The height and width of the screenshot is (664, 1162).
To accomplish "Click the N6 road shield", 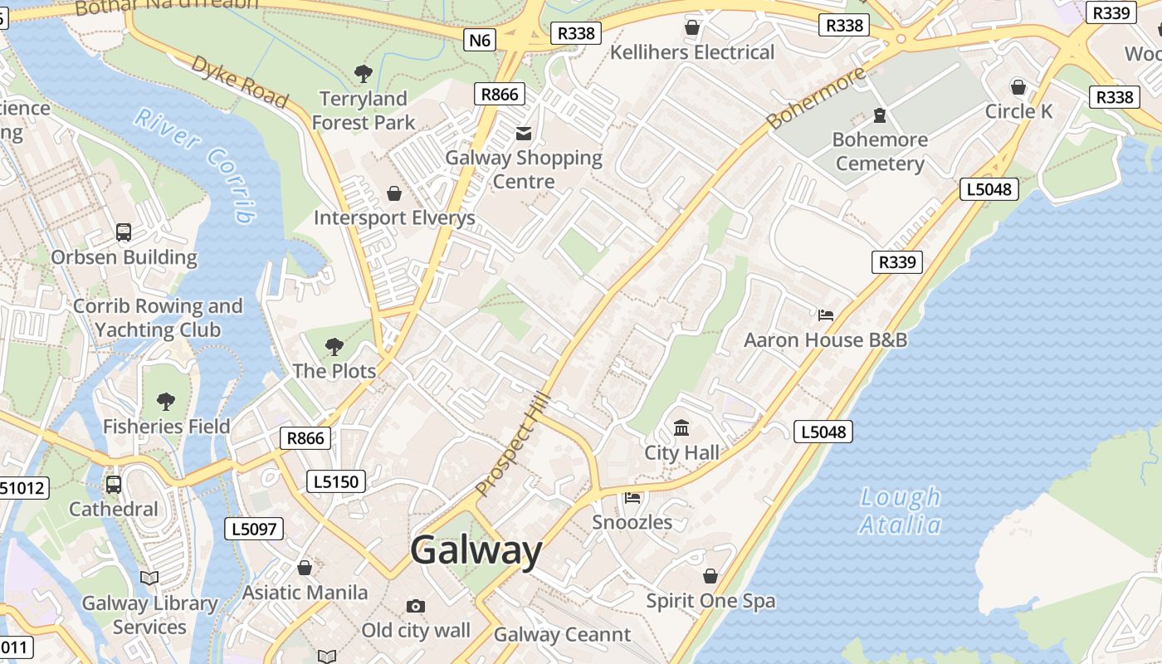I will pos(480,39).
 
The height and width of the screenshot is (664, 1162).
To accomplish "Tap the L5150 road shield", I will pos(336,481).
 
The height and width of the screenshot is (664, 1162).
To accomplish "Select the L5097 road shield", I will pos(254,529).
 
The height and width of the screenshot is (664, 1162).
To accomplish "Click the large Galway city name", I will pos(476,550).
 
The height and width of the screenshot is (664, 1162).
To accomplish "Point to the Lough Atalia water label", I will pos(901,510).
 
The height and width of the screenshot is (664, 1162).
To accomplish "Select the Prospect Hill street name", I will pos(513,445).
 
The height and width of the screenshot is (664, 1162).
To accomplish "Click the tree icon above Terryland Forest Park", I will pos(363,74).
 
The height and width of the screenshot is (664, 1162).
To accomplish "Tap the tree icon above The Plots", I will pos(334,346).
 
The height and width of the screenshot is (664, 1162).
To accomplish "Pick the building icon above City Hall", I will pos(681,428).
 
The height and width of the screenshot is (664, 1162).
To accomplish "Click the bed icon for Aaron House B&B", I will pos(826,315).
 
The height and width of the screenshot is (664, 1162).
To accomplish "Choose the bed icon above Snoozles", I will pos(632,498).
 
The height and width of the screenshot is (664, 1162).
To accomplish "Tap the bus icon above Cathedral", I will pos(114,485).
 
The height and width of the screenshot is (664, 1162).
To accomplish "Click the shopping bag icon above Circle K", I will pos(1018,86).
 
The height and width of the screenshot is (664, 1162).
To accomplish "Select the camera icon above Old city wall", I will pos(416,607).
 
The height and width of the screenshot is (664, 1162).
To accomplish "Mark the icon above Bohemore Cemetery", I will pos(880,115).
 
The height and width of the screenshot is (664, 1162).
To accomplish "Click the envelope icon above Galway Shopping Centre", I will pos(524,133).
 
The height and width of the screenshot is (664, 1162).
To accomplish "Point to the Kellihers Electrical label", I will pos(692,52).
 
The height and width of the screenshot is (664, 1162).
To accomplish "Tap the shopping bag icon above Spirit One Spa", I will pos(710,576).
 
